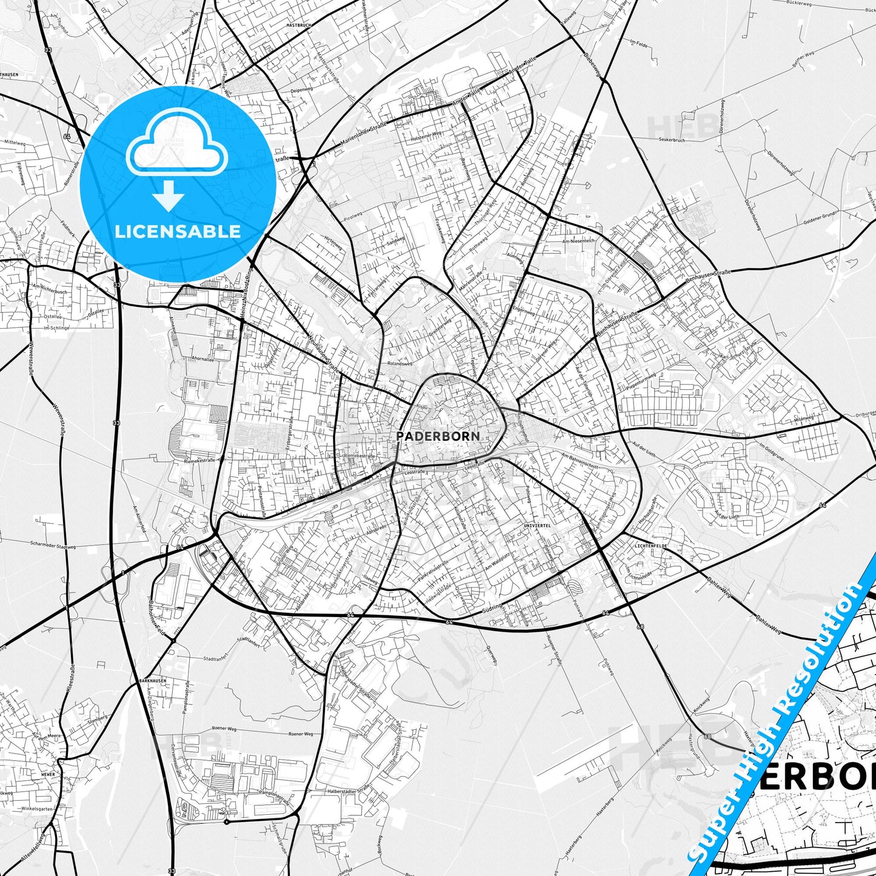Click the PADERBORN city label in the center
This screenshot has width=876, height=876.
[438, 436]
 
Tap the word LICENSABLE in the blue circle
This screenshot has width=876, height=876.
[178, 232]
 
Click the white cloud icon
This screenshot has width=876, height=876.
[176, 148]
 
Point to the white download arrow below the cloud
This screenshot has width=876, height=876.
[169, 195]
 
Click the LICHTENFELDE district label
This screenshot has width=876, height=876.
[650, 546]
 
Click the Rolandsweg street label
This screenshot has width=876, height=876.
[400, 364]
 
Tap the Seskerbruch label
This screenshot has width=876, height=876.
[672, 140]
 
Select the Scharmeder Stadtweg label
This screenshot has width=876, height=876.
[53, 546]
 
